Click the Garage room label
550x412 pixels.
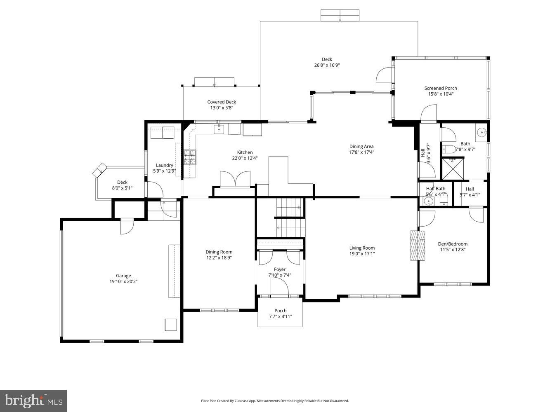tap(123, 276)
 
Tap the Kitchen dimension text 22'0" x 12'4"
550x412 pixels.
tap(245, 158)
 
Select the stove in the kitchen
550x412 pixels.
tap(190, 157)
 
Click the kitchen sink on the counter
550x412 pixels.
tap(219, 129)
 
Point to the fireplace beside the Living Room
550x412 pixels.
tap(417, 245)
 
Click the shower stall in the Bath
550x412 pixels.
tap(453, 169)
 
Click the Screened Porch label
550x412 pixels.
tap(441, 88)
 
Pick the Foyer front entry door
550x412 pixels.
tap(279, 286)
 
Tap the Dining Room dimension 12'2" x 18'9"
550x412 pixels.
tap(219, 258)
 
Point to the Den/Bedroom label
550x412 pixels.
tap(453, 244)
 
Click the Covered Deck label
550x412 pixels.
tap(222, 102)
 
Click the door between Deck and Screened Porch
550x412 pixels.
tap(384, 75)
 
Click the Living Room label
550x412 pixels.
tap(362, 248)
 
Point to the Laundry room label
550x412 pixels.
tap(164, 165)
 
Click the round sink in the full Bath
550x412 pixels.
tap(482, 133)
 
